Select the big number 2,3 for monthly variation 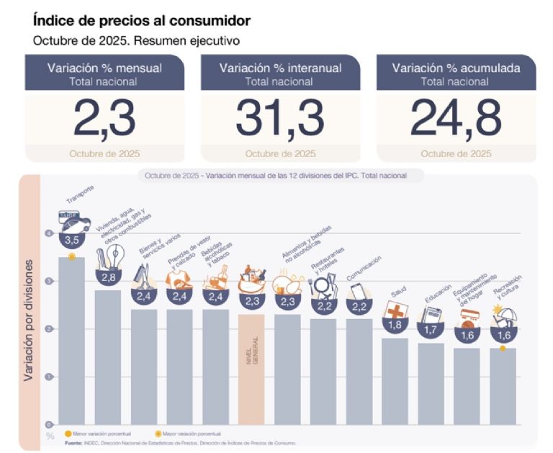tap(105, 117)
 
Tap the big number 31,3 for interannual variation tap(280, 117)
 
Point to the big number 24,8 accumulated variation tap(456, 117)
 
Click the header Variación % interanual tap(280, 68)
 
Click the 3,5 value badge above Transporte tap(71, 239)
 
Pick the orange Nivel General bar tap(251, 368)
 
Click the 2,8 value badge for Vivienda tap(107, 277)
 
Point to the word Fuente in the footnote tap(72, 443)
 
